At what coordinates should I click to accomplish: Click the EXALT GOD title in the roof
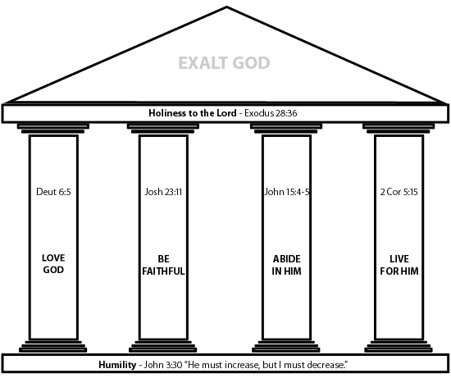point(224,63)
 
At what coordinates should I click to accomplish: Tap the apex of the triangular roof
point(226,7)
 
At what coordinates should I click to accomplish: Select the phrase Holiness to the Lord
point(193,113)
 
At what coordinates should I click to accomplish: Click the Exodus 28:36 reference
point(271,113)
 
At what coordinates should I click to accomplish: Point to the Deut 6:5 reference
point(53,192)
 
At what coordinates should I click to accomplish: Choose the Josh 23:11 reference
point(163,192)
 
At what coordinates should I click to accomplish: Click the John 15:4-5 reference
point(287,192)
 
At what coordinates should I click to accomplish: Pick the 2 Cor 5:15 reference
point(399,192)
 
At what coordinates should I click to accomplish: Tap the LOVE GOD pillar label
point(53,264)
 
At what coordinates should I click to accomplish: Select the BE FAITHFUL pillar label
point(163,265)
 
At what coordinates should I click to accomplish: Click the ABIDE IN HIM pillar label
point(287,265)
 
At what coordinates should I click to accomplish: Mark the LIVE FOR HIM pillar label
point(399,265)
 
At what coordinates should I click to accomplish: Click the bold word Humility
point(117,365)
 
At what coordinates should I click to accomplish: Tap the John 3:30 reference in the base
point(163,365)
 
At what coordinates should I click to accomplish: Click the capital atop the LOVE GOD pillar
point(53,129)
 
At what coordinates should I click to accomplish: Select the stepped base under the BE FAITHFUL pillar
point(163,346)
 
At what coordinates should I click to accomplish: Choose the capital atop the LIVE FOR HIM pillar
point(399,129)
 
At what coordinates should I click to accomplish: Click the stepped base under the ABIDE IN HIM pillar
point(286,346)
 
